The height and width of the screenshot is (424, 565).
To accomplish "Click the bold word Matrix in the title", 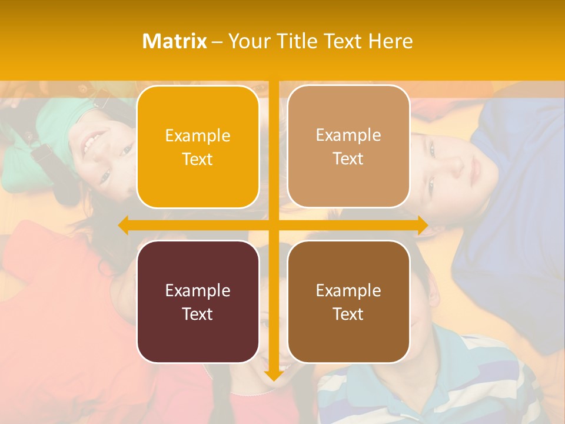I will point(174,41).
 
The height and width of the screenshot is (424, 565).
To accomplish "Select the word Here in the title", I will point(391,41).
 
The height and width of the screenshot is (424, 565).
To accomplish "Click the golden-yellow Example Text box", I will point(198,147).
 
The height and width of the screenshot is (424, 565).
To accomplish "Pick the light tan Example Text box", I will point(348,147).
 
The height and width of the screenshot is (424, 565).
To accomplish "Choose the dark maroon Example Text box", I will point(198,302).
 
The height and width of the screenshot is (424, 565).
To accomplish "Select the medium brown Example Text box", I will point(348,302).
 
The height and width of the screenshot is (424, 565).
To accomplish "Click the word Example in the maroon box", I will point(198,290).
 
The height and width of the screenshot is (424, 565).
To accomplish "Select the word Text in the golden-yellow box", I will point(198,160).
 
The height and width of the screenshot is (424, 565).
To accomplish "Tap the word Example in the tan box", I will point(348,135).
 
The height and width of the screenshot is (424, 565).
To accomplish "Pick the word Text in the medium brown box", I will point(348,314).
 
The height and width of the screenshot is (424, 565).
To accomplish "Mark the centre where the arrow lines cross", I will point(273,226).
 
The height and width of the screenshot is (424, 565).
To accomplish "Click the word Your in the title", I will point(247,41).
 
